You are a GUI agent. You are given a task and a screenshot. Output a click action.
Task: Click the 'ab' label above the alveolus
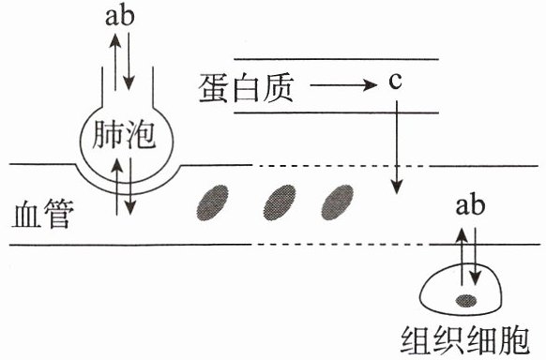coord(120,16)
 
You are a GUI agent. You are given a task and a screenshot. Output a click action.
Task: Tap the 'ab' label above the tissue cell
coord(470,205)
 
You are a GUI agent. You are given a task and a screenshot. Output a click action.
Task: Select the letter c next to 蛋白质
coord(395,82)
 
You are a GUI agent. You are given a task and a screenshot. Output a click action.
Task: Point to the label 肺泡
coord(124,135)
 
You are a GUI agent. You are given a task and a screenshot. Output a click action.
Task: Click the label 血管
coord(42,213)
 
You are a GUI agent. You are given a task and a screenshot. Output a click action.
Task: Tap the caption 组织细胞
coord(465,340)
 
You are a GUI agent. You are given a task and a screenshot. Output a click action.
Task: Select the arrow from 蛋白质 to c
coord(343,84)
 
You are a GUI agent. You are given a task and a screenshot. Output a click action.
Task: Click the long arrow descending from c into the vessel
coord(396,147)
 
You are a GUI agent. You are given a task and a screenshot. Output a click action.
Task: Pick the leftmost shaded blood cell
coord(212,202)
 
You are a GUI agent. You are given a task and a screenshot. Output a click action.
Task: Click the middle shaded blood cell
coord(280,202)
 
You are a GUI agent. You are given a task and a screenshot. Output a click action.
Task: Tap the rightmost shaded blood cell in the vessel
coord(337,202)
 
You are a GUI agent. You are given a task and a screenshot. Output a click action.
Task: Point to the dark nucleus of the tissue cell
coord(466,301)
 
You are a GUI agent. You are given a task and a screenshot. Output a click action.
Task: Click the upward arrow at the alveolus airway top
coord(115,62)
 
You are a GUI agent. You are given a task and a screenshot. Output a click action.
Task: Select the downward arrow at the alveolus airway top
coord(129,61)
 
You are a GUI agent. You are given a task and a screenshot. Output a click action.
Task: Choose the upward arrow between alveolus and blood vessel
coord(117,186)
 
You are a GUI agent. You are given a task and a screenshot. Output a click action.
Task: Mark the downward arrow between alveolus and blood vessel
coord(129,186)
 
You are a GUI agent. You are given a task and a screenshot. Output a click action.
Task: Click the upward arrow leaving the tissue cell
coord(463,257)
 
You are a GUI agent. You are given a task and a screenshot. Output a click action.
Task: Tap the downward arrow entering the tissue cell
coord(476,257)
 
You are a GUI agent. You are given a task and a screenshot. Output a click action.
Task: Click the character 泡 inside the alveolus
coord(140,135)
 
